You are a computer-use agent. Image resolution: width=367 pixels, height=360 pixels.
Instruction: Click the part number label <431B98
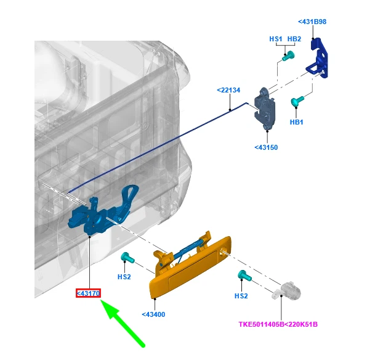click(312, 22)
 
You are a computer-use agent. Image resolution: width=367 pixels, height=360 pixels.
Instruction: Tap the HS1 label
click(276, 39)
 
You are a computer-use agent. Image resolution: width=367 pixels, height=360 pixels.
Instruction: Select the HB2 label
click(294, 39)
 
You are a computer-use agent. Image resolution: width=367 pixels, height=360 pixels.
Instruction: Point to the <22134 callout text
click(228, 90)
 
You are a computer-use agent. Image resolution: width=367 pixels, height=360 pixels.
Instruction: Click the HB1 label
click(296, 122)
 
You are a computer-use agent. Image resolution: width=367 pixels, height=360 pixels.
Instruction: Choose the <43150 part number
click(266, 147)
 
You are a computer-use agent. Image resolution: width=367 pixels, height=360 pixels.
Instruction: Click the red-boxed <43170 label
click(88, 293)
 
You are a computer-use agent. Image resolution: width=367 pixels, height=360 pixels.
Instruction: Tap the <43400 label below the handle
click(153, 314)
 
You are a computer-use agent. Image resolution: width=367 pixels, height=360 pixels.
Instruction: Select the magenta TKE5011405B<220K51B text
click(278, 324)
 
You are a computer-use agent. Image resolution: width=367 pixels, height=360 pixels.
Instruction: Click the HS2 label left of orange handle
click(124, 277)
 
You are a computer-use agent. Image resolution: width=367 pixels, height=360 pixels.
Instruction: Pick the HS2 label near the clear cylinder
click(241, 296)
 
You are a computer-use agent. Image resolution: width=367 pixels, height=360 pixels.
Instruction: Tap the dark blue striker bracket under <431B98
click(318, 58)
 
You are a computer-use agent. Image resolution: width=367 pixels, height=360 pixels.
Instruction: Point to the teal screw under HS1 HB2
click(288, 55)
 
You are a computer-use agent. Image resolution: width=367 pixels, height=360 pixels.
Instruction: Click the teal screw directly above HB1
click(297, 101)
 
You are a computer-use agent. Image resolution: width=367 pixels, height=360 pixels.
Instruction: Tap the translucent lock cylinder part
click(286, 290)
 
